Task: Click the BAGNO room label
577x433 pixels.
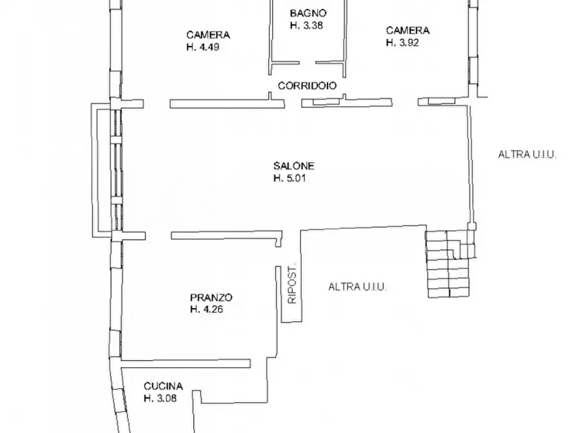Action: pyautogui.click(x=308, y=14)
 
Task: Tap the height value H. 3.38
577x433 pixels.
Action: pyautogui.click(x=306, y=25)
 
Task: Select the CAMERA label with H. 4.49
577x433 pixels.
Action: pyautogui.click(x=208, y=35)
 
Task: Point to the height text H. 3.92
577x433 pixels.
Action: pyautogui.click(x=403, y=43)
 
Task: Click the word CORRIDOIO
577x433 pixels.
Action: pyautogui.click(x=308, y=86)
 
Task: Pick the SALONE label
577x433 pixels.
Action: pyautogui.click(x=293, y=166)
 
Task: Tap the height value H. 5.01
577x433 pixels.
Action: pyautogui.click(x=289, y=178)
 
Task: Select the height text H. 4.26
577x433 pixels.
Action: pyautogui.click(x=207, y=310)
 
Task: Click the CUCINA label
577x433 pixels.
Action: pyautogui.click(x=163, y=386)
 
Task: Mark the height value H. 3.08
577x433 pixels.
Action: pyautogui.click(x=160, y=398)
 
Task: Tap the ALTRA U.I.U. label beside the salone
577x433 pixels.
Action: pyautogui.click(x=527, y=154)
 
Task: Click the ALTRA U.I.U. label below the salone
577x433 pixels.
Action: pyautogui.click(x=357, y=287)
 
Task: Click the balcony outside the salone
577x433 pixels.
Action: pyautogui.click(x=94, y=170)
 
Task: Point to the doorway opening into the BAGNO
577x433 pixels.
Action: pyautogui.click(x=308, y=63)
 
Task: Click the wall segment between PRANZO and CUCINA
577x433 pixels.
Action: pyautogui.click(x=186, y=364)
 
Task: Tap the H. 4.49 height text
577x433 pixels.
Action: pyautogui.click(x=203, y=47)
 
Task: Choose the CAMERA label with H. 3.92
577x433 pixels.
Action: pyautogui.click(x=408, y=30)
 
